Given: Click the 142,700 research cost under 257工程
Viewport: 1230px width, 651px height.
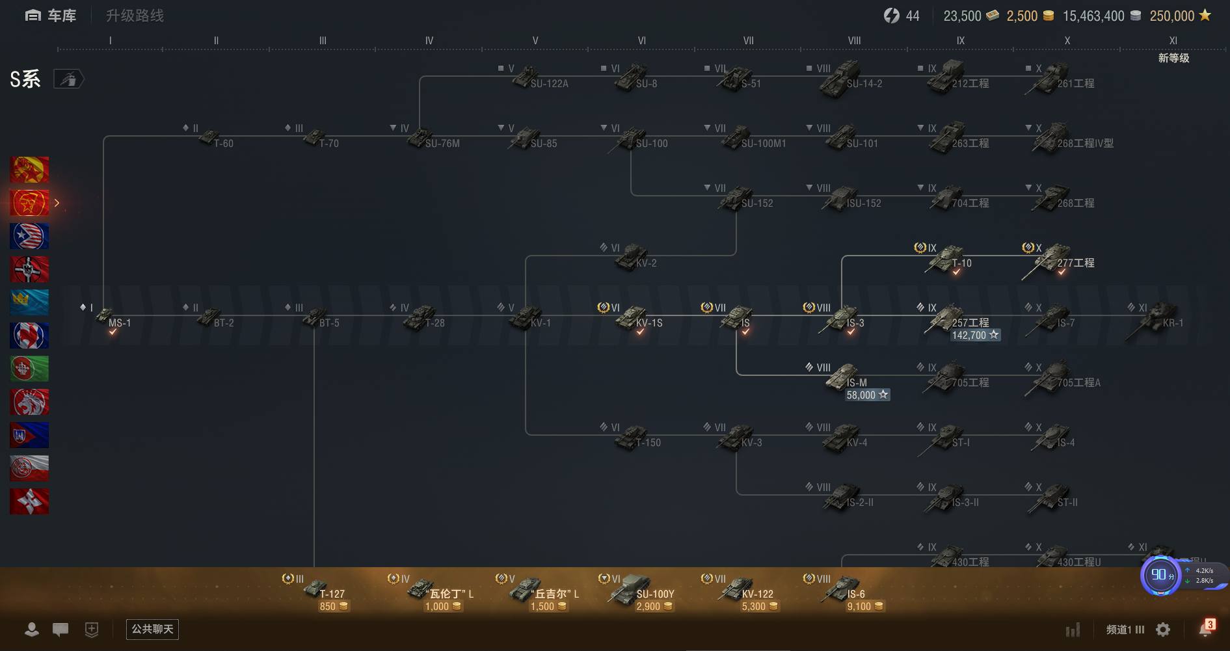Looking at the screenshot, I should click(974, 336).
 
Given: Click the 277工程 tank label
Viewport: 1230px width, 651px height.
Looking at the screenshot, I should click(1075, 263).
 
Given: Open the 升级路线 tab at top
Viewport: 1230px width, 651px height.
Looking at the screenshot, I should click(135, 16).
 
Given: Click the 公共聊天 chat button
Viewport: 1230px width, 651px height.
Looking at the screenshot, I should click(152, 629).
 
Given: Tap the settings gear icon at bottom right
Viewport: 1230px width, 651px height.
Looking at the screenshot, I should click(1163, 630).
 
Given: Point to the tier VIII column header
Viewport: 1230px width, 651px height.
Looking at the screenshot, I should click(854, 40).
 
